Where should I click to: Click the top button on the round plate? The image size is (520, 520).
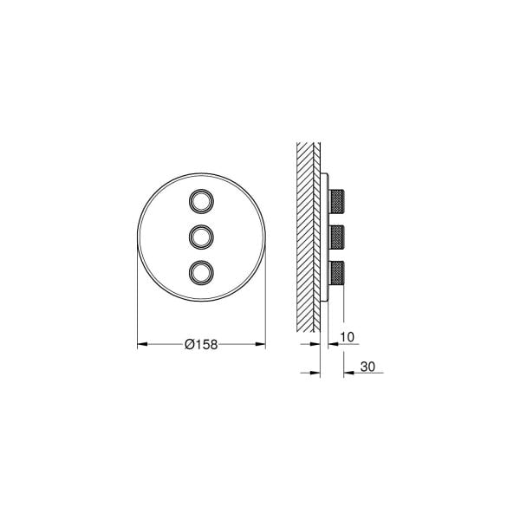(x=201, y=199)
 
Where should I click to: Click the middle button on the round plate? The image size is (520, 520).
(x=201, y=235)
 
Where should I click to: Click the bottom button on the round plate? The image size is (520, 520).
(x=201, y=270)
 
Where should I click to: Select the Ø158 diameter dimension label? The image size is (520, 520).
(x=200, y=343)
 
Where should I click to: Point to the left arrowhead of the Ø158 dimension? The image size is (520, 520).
(x=142, y=343)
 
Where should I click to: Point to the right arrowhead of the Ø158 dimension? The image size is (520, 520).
(x=261, y=343)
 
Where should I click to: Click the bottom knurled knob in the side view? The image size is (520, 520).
(x=338, y=271)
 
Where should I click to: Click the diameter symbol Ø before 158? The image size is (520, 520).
(x=189, y=343)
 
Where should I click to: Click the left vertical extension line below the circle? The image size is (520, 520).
(x=137, y=321)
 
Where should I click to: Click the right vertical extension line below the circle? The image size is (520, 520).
(x=265, y=321)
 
